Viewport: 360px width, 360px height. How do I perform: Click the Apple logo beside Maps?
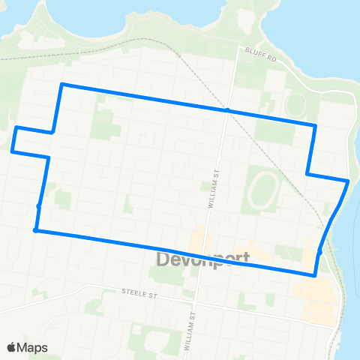(12, 347)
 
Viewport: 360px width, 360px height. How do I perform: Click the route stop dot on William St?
(226, 110)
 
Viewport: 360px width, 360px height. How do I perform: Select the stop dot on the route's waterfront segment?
(319, 252)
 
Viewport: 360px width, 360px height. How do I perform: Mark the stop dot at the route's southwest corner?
(36, 230)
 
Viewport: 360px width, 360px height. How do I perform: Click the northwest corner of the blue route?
(61, 84)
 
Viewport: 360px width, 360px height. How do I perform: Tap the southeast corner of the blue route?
(315, 275)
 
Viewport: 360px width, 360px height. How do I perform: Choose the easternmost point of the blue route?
(348, 181)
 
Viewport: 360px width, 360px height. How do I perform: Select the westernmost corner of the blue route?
(12, 151)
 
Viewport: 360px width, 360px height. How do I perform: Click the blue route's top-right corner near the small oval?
(316, 125)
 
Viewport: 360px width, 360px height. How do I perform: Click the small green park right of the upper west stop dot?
(63, 200)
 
